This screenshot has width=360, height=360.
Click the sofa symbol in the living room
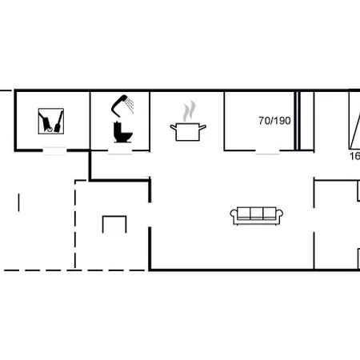click(x=257, y=214)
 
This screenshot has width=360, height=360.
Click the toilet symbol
click(x=122, y=133)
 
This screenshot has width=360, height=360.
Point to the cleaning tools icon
click(x=53, y=122)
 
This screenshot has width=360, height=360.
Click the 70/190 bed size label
click(x=274, y=121)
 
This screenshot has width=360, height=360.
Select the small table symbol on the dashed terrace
click(x=114, y=224)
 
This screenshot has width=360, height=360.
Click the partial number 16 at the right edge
click(x=354, y=156)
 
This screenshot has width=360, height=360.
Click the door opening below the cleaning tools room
click(x=54, y=150)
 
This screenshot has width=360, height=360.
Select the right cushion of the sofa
click(x=270, y=214)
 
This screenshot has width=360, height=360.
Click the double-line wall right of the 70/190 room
click(x=297, y=120)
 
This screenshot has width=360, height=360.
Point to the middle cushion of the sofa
click(x=257, y=214)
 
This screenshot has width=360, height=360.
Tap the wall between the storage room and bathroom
click(x=90, y=120)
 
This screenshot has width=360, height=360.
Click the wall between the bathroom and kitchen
click(x=150, y=120)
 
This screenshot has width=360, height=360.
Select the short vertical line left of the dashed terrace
click(x=18, y=202)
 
